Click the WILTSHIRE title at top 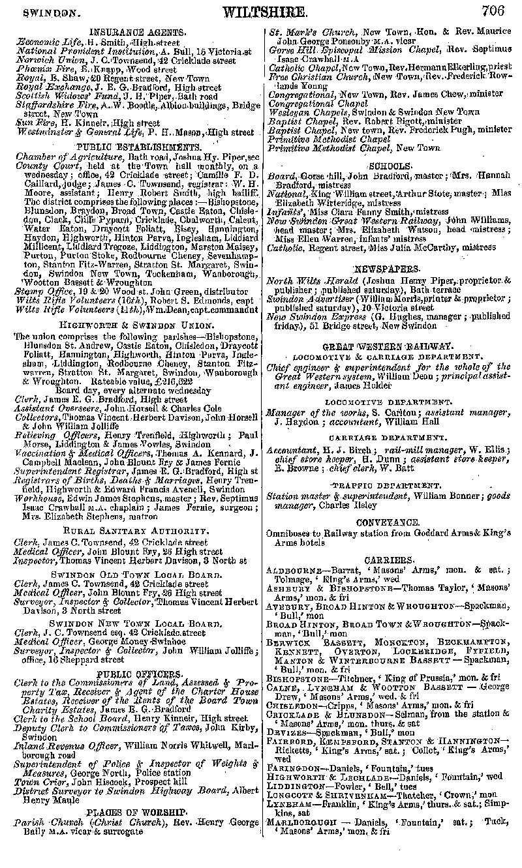click(x=264, y=12)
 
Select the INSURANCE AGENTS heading click(x=137, y=31)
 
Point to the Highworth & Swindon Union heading click(x=137, y=324)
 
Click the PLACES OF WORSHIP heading click(x=136, y=813)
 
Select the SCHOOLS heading click(x=390, y=166)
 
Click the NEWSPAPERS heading click(x=390, y=269)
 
